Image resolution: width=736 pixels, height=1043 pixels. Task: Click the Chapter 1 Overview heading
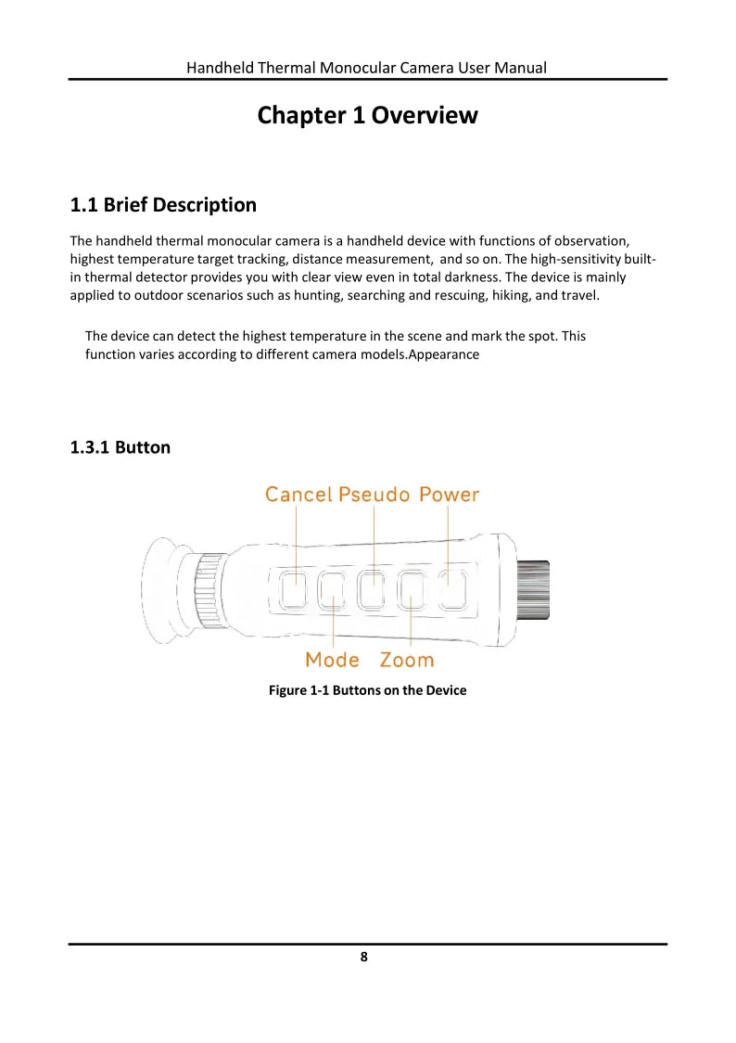coord(367,116)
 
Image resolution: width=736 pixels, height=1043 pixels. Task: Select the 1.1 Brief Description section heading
coord(163,204)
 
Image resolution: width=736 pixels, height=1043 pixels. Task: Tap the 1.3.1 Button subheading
coord(121,447)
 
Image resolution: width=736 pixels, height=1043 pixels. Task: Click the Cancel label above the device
coord(298,495)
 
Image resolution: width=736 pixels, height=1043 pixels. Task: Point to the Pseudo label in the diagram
coord(374,495)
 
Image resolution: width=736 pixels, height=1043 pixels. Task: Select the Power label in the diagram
coord(449,495)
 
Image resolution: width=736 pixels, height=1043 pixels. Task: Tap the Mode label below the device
coord(332,660)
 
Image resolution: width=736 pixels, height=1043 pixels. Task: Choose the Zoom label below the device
coord(406,660)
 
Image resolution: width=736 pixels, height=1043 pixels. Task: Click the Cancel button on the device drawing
coord(294,590)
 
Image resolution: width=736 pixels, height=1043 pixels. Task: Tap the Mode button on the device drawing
coord(332,590)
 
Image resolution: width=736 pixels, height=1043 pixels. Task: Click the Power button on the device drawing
coord(451,590)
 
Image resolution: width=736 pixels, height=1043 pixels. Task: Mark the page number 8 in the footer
coord(364,957)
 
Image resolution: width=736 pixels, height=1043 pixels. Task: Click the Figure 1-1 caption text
coord(367,690)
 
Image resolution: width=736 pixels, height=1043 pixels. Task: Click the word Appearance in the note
coord(444,354)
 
